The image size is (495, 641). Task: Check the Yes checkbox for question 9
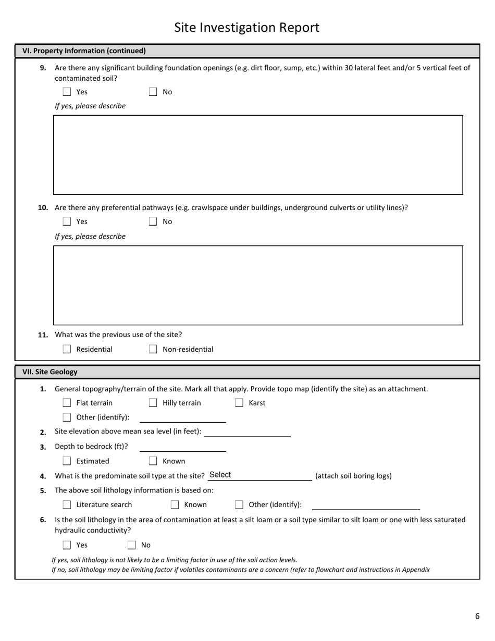click(67, 92)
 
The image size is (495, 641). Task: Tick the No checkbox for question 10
click(153, 221)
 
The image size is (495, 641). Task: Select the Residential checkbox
click(67, 349)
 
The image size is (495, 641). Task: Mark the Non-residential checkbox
click(153, 349)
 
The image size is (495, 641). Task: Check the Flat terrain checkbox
click(67, 403)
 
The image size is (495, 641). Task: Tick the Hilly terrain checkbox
click(153, 403)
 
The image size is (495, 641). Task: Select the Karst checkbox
click(239, 403)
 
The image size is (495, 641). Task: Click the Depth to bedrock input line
click(182, 447)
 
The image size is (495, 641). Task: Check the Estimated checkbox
click(67, 461)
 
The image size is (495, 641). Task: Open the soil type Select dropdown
click(259, 475)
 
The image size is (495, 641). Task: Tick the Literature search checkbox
click(67, 504)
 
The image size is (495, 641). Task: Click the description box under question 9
click(258, 155)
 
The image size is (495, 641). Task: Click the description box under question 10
click(258, 285)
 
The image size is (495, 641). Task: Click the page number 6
click(477, 616)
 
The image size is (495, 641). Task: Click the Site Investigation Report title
click(246, 28)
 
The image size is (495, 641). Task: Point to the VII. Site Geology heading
click(50, 372)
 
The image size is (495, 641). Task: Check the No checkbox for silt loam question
click(131, 545)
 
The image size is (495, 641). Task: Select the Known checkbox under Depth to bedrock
click(153, 461)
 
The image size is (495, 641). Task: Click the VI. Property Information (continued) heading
click(84, 51)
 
